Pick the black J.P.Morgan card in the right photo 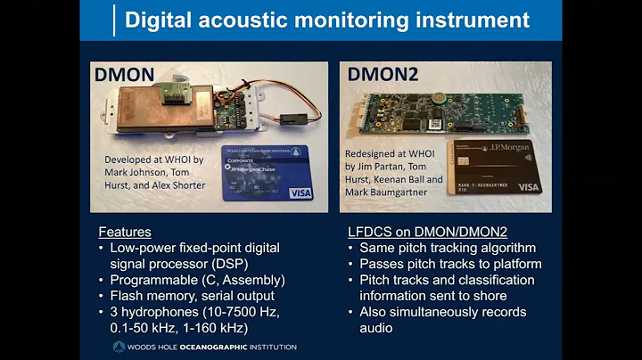(495, 166)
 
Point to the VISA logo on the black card (529, 187)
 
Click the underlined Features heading (125, 231)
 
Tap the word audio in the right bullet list (376, 328)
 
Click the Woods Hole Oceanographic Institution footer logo (204, 347)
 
